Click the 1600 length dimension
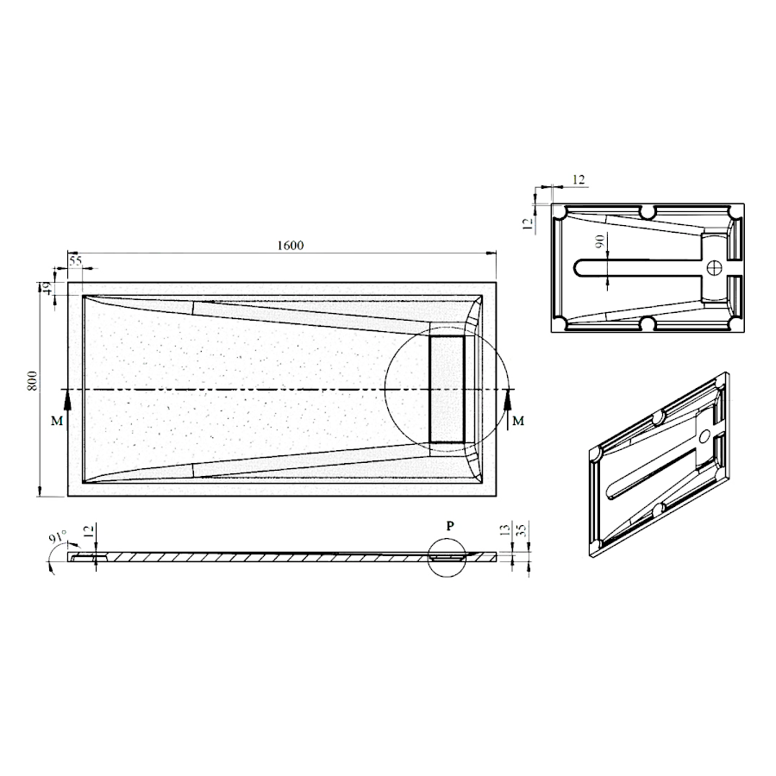[x=291, y=246]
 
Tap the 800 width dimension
[x=32, y=380]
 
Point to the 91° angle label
[x=59, y=537]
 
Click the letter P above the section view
[x=450, y=526]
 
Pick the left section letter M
[x=57, y=421]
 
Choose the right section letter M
[x=517, y=421]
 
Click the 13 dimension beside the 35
[x=504, y=530]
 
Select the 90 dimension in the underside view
[x=600, y=241]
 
